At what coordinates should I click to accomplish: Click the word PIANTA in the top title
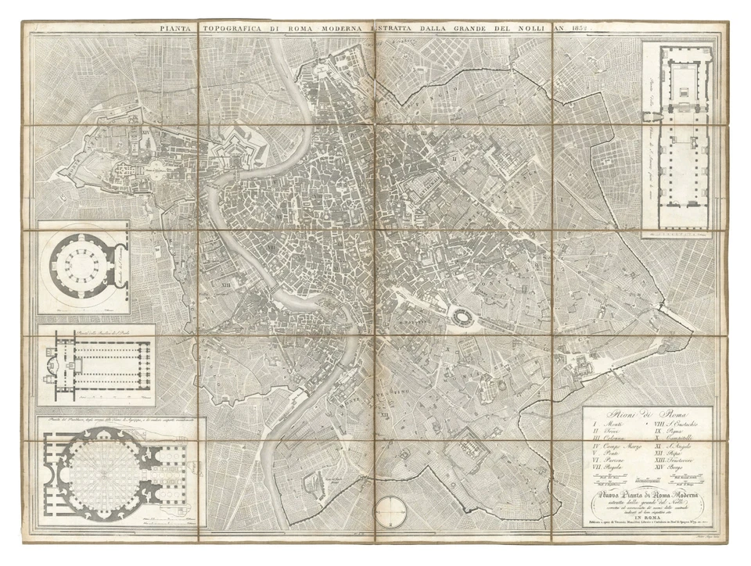[178, 30]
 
